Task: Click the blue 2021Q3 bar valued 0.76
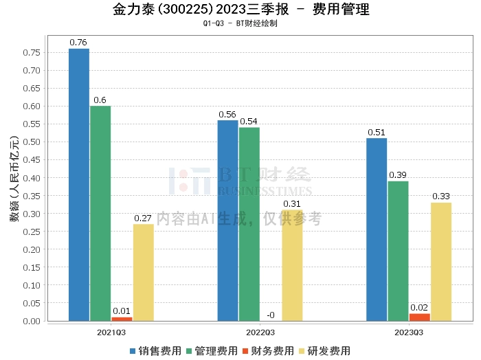tap(79, 185)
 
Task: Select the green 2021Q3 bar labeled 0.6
tap(100, 214)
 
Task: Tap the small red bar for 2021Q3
tap(122, 319)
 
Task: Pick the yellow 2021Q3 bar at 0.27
tap(143, 272)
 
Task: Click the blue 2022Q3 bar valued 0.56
tap(228, 221)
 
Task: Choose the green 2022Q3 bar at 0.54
tap(249, 224)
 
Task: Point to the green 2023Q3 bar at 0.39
tap(398, 251)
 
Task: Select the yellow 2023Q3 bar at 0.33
tap(441, 262)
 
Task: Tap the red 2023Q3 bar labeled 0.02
tap(420, 317)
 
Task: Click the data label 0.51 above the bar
tap(377, 133)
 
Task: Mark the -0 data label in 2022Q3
tap(271, 315)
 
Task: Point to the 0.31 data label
tap(292, 204)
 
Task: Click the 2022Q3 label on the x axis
tap(260, 333)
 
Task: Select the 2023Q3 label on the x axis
tap(409, 333)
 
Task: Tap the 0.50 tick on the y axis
tap(32, 142)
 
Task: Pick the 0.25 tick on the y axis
tap(32, 232)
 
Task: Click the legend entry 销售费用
tap(155, 351)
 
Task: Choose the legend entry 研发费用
tap(324, 351)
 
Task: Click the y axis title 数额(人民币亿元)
tap(14, 179)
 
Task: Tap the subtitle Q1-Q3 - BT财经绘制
tap(240, 23)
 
